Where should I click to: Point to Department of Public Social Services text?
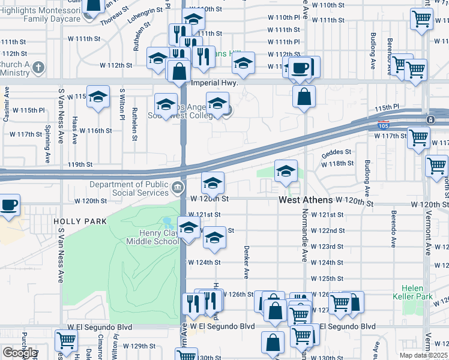tap(128, 189)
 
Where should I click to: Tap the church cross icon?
tap(38, 67)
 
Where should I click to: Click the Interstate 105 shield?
tap(383, 126)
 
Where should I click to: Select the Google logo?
tap(19, 353)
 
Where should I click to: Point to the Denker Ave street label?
tap(246, 262)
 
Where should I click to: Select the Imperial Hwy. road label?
tap(214, 83)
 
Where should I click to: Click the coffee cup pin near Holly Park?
tap(8, 205)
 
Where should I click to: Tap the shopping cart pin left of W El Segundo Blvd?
tap(65, 340)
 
